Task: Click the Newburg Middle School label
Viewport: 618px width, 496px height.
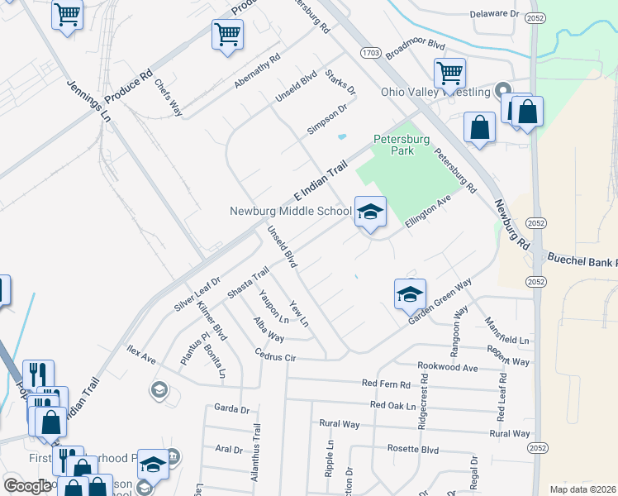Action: point(291,211)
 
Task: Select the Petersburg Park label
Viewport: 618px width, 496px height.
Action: point(402,145)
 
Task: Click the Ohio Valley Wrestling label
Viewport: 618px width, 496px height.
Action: point(435,92)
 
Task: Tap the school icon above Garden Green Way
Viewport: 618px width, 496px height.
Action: point(410,293)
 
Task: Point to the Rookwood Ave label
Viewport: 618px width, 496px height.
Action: point(448,366)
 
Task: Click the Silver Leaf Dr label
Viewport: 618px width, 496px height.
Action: point(197,293)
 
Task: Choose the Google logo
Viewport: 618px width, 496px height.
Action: point(27,486)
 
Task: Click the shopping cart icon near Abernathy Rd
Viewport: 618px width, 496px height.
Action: point(227,35)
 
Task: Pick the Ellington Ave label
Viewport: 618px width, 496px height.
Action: point(427,211)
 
